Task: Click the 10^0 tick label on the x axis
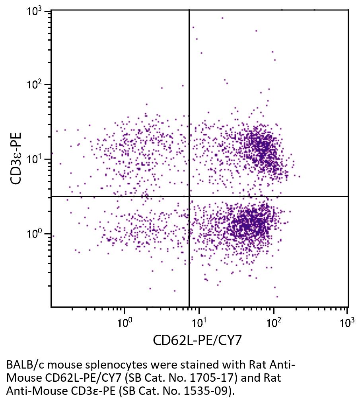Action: click(125, 322)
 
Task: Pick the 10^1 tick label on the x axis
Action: click(199, 322)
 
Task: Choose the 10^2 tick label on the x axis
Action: click(274, 322)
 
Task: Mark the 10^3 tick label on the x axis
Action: click(348, 322)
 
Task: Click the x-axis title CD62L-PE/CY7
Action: click(198, 340)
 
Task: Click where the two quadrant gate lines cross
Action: click(189, 196)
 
